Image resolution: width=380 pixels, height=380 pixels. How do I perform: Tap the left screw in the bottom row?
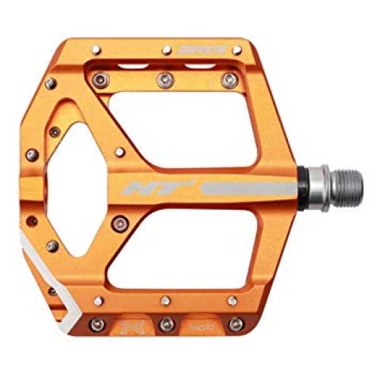coord(97,325)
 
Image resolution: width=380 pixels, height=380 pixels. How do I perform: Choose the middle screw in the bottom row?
coord(165,325)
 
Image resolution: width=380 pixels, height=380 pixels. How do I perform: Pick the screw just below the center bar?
coord(118,222)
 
